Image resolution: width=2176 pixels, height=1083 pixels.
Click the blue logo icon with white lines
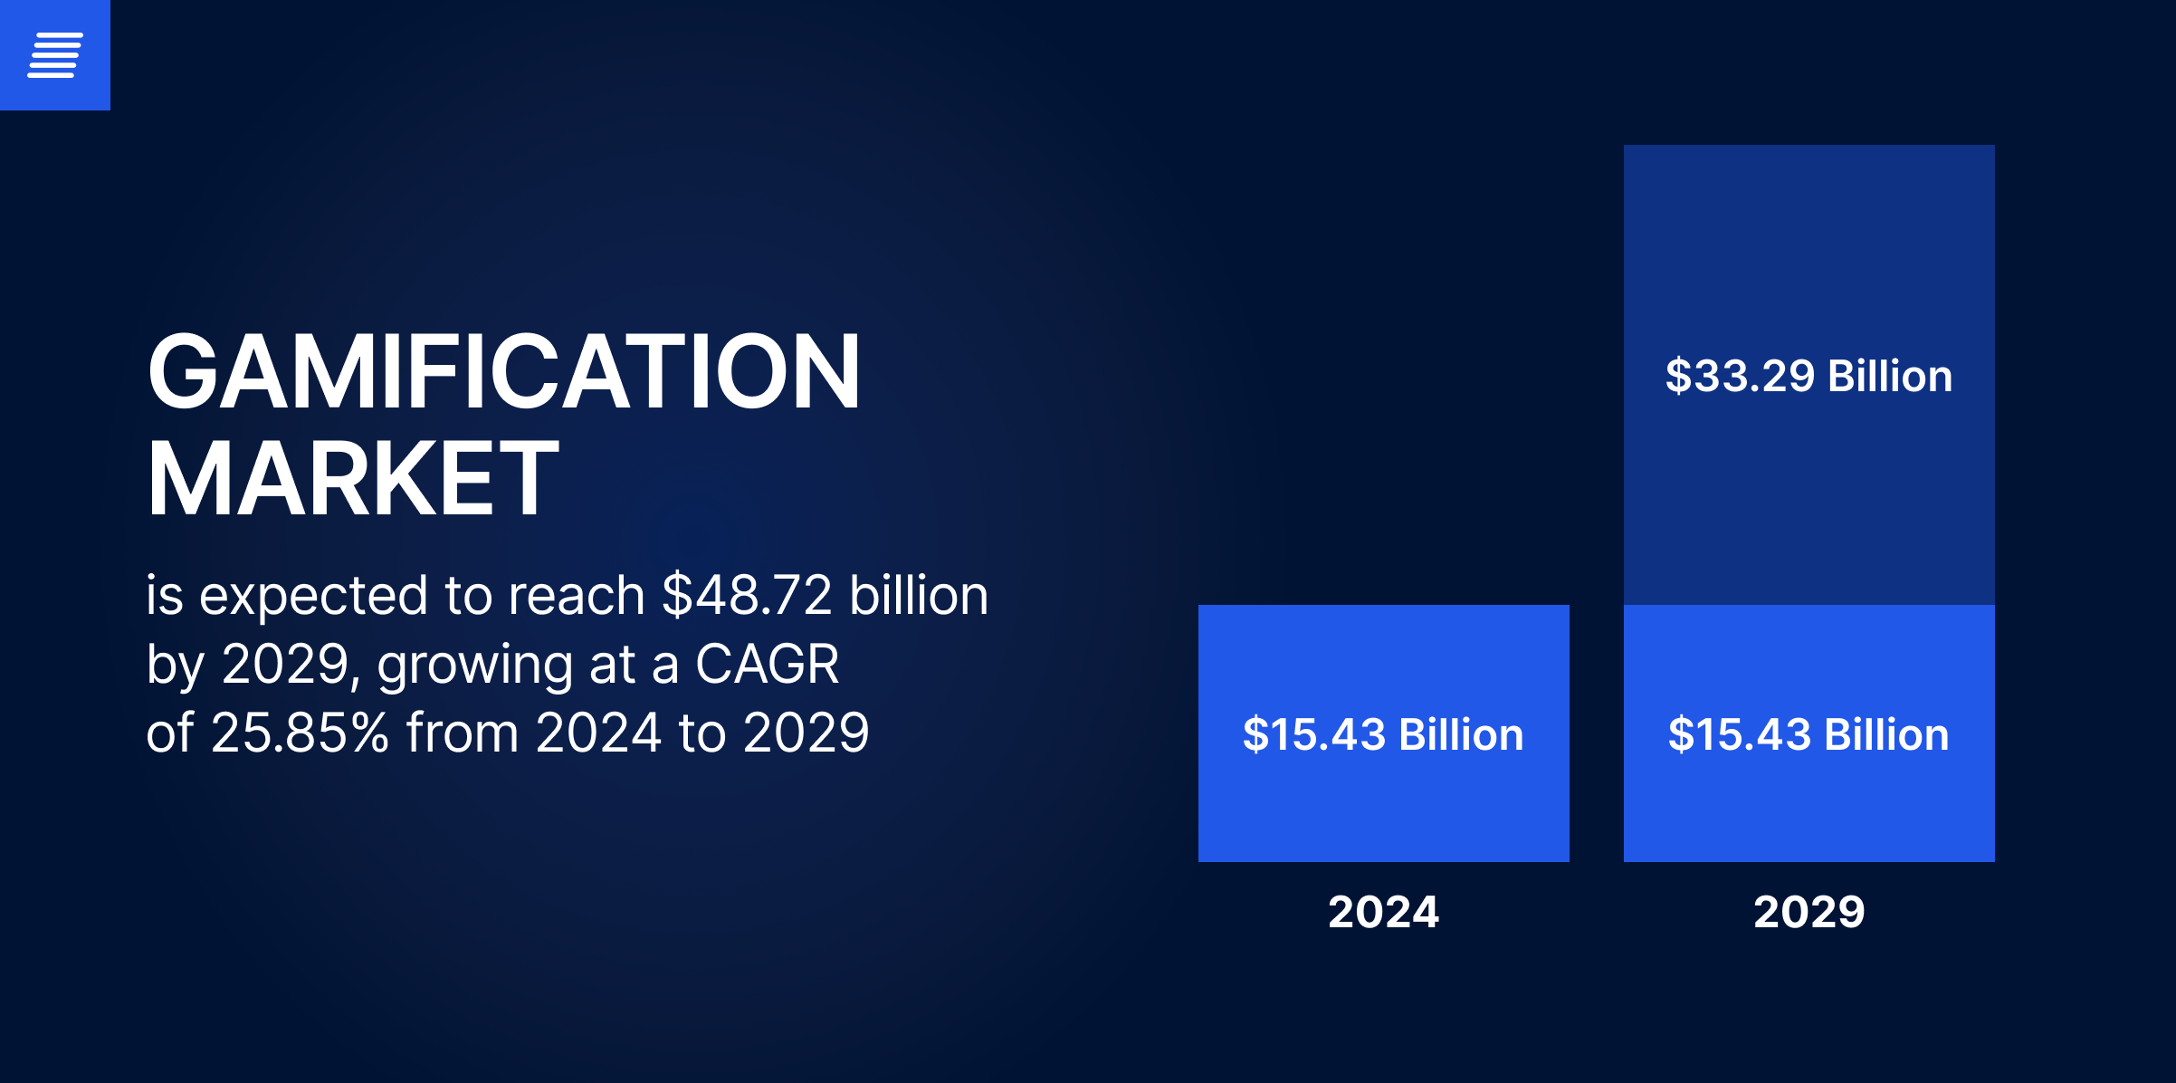pyautogui.click(x=55, y=55)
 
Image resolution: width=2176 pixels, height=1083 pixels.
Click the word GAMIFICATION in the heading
pyautogui.click(x=504, y=372)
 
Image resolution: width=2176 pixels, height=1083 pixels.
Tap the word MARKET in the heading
pyautogui.click(x=353, y=478)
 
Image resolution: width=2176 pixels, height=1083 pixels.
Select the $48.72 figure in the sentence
pyautogui.click(x=747, y=596)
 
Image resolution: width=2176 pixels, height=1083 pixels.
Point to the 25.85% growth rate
pyautogui.click(x=300, y=733)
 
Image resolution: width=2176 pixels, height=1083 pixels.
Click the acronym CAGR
pyautogui.click(x=767, y=664)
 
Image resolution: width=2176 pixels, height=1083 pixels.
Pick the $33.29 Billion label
pyautogui.click(x=1809, y=376)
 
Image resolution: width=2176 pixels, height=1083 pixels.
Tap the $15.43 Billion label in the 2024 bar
pyautogui.click(x=1383, y=734)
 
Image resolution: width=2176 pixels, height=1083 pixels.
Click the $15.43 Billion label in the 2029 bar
pyautogui.click(x=1809, y=734)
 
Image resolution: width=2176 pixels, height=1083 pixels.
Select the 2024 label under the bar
pyautogui.click(x=1383, y=912)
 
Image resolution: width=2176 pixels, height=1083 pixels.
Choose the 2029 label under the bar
pyautogui.click(x=1809, y=912)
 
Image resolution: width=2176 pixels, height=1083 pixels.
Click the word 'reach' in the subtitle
pyautogui.click(x=577, y=596)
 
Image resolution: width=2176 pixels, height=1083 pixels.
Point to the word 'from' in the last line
pyautogui.click(x=463, y=733)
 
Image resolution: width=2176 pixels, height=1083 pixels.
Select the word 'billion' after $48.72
pyautogui.click(x=919, y=596)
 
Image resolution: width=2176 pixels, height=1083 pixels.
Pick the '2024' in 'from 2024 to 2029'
pyautogui.click(x=598, y=733)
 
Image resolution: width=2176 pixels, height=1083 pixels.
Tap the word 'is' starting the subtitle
pyautogui.click(x=165, y=597)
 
